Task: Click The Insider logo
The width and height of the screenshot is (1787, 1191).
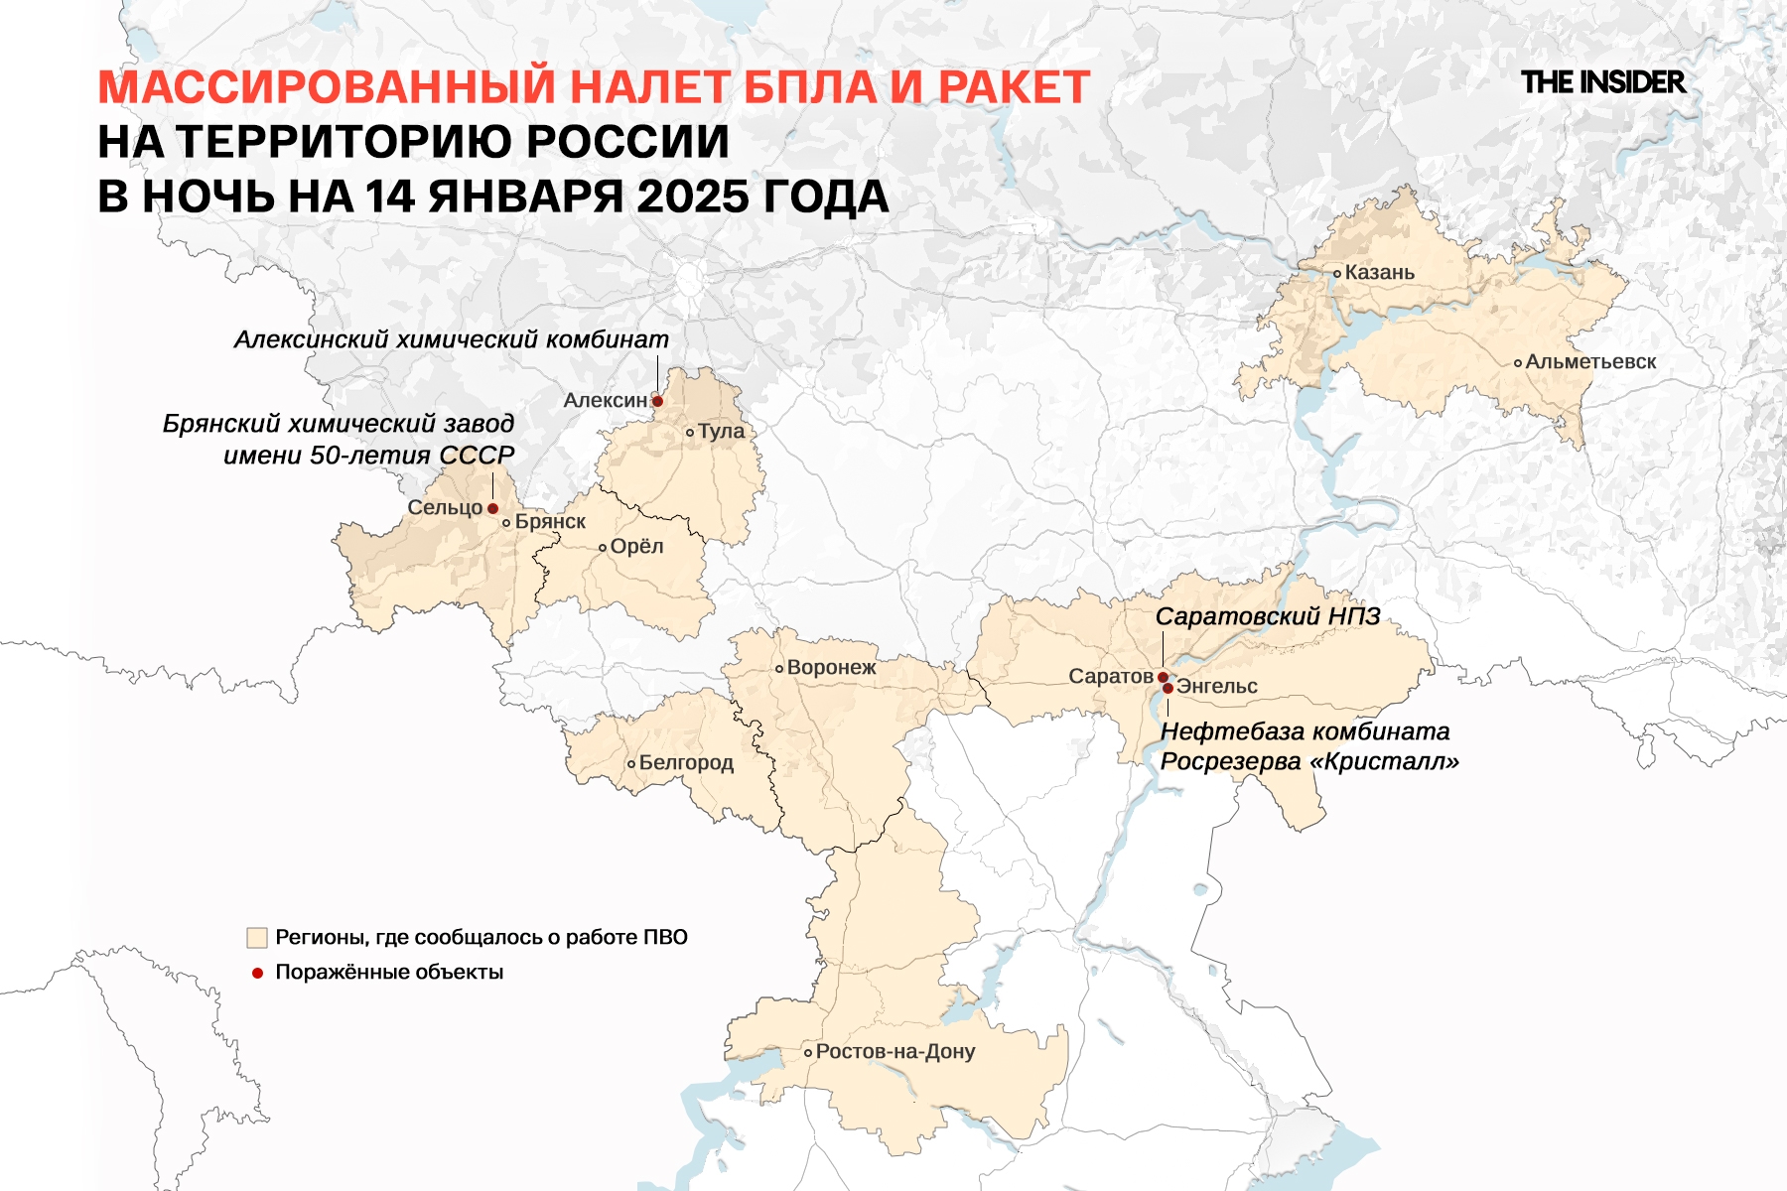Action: click(x=1602, y=82)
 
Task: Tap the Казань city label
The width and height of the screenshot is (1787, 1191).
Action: click(x=1379, y=273)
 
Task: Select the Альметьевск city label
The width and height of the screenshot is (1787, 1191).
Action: click(x=1590, y=362)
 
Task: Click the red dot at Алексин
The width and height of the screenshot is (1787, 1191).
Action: click(x=657, y=401)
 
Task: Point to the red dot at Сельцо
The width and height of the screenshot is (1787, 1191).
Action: click(x=492, y=508)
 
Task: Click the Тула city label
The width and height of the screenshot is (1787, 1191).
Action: click(x=721, y=432)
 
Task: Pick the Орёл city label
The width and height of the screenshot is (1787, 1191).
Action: click(x=636, y=547)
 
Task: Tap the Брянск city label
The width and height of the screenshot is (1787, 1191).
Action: click(x=550, y=522)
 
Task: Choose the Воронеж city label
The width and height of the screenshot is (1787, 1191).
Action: click(x=831, y=668)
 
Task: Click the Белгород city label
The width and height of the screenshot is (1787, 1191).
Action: click(x=686, y=763)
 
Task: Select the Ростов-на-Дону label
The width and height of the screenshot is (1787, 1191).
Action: click(x=895, y=1052)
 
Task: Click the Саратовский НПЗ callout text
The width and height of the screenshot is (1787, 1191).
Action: click(x=1268, y=616)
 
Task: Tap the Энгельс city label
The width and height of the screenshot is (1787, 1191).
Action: click(x=1217, y=687)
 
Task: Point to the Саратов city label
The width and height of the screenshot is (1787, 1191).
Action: click(x=1111, y=677)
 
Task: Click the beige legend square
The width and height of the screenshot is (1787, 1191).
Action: click(x=257, y=938)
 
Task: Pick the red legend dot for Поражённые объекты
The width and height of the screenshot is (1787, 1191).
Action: click(x=257, y=973)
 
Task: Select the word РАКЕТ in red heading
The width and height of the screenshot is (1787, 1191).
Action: click(x=1014, y=87)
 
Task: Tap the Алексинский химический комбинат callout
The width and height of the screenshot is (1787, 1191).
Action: click(x=452, y=339)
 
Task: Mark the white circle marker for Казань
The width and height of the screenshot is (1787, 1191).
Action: click(x=1337, y=273)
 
